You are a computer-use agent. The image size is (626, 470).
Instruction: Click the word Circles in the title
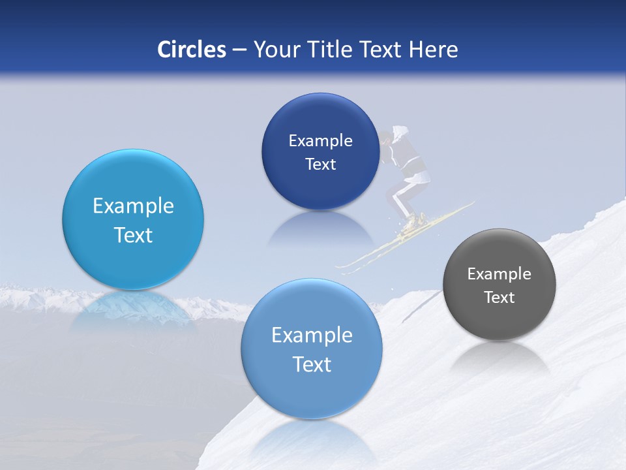(191, 50)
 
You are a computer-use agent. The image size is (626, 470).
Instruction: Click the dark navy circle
(320, 151)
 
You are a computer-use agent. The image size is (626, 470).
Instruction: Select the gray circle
(499, 285)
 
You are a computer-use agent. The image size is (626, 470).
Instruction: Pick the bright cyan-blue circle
(133, 219)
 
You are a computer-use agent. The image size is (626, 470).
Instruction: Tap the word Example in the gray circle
(499, 274)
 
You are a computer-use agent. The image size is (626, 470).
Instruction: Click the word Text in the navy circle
(320, 164)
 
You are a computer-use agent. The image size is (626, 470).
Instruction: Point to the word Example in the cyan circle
(133, 206)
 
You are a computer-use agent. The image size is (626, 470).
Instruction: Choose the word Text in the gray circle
(499, 298)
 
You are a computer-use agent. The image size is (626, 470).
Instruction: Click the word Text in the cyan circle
(133, 235)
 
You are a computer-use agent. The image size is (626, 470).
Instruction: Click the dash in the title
(239, 50)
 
